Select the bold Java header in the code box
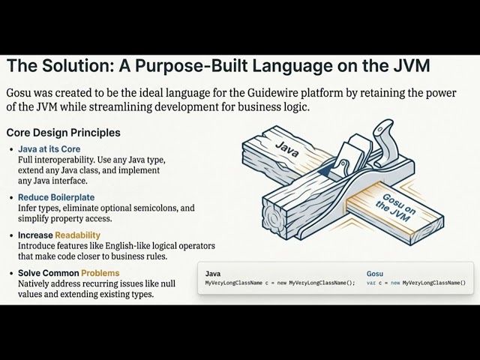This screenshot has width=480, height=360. point(212,274)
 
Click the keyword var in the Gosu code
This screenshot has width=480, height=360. point(372,283)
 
